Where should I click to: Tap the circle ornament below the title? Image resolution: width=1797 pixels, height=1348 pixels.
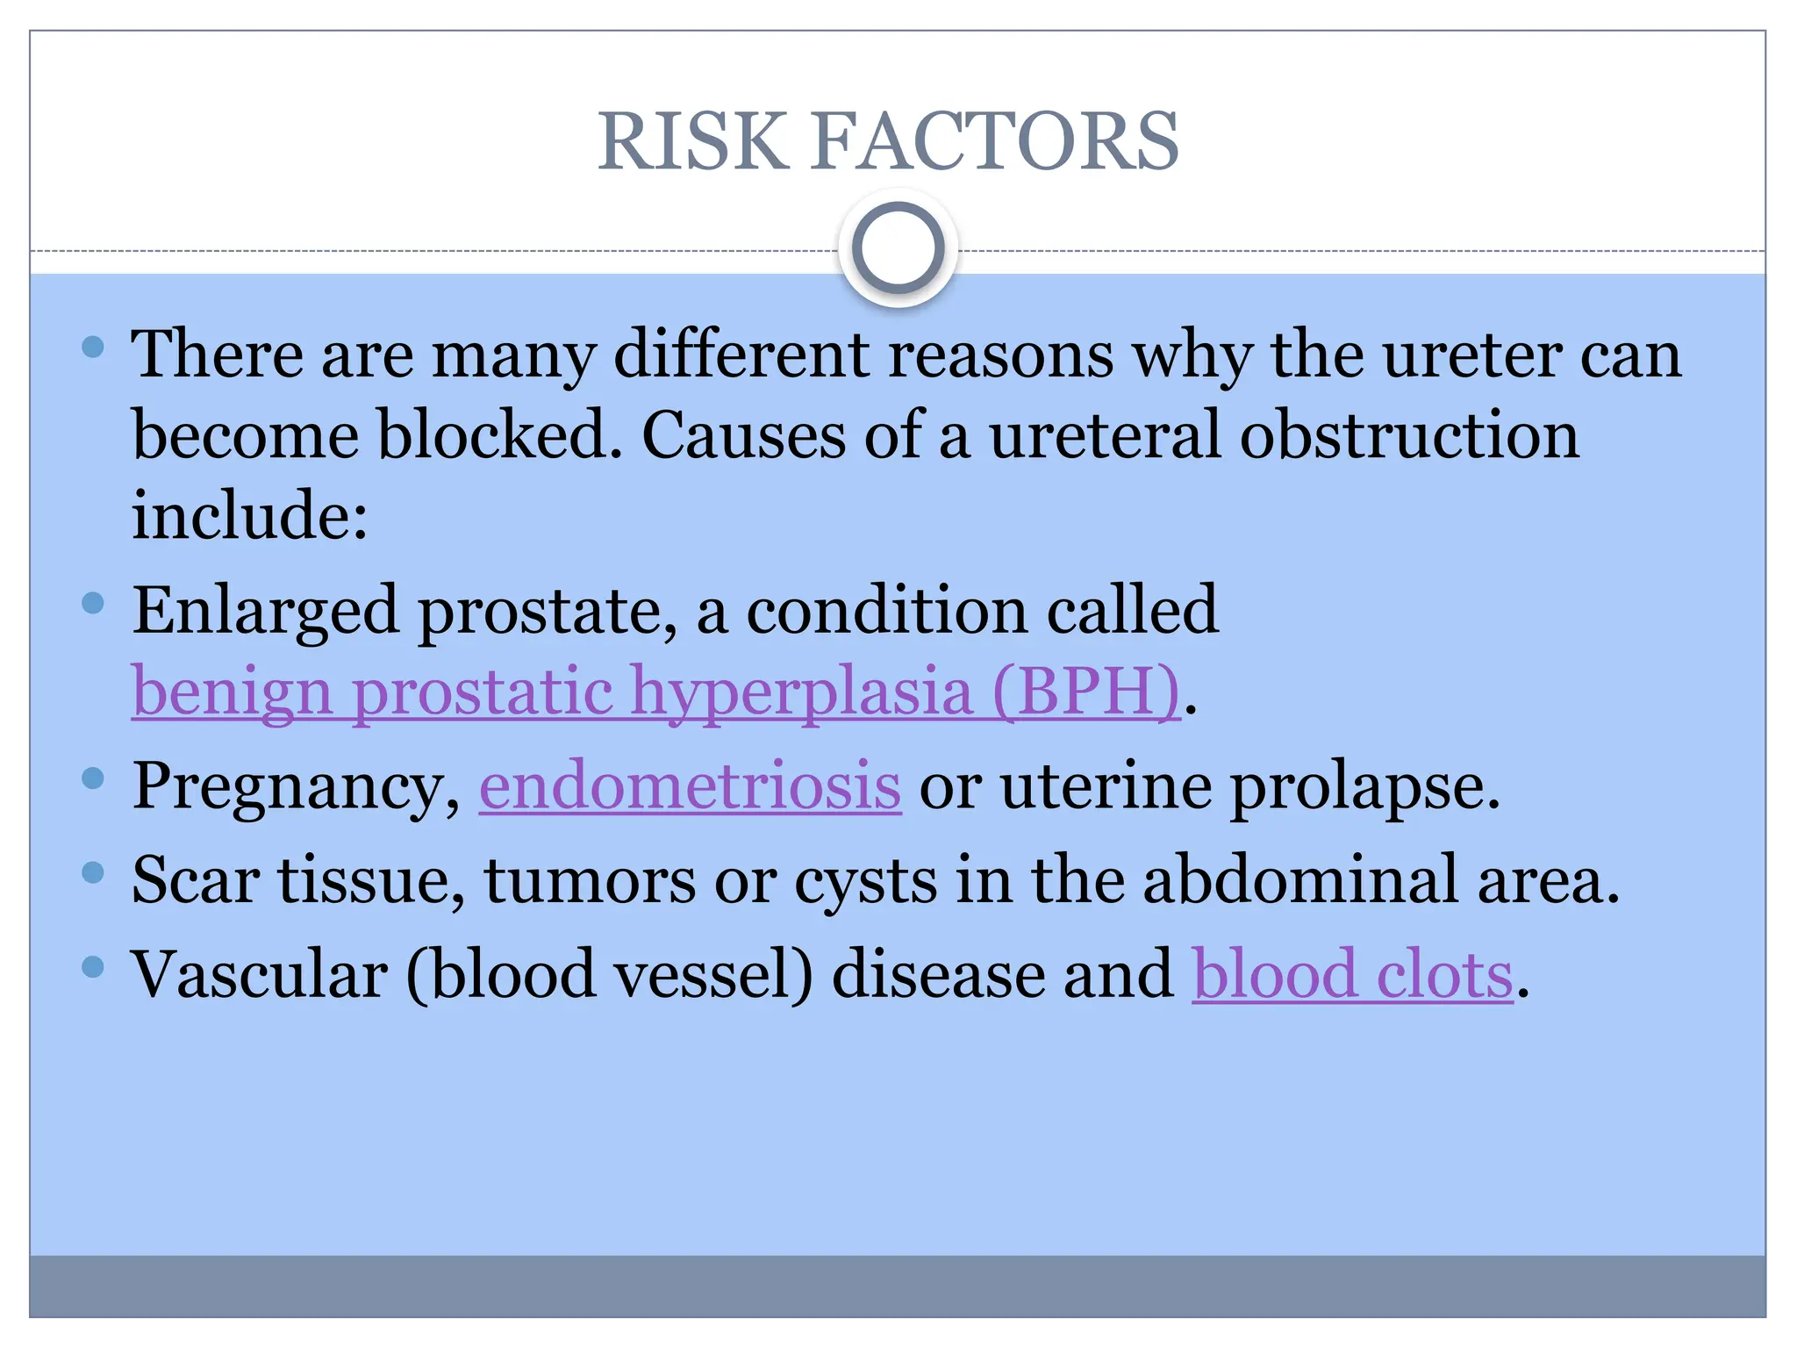tap(898, 248)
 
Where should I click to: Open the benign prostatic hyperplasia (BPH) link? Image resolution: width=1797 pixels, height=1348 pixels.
tap(655, 692)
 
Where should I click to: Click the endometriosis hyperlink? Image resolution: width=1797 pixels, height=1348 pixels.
tap(690, 785)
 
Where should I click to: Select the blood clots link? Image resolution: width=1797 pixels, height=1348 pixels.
tap(1352, 975)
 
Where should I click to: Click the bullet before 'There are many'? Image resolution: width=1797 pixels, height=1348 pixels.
tap(93, 347)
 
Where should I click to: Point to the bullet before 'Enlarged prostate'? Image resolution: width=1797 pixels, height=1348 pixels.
tap(93, 603)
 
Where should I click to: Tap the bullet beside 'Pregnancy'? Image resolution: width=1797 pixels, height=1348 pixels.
tap(93, 778)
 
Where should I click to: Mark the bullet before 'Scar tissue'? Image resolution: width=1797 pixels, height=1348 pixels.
tap(93, 872)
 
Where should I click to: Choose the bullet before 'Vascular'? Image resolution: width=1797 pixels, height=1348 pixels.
tap(93, 967)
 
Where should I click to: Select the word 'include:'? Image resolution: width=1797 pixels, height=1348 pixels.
tap(250, 515)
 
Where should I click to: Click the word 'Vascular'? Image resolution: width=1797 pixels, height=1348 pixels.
tap(260, 975)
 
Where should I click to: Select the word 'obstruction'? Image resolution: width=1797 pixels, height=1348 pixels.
tap(1408, 435)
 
